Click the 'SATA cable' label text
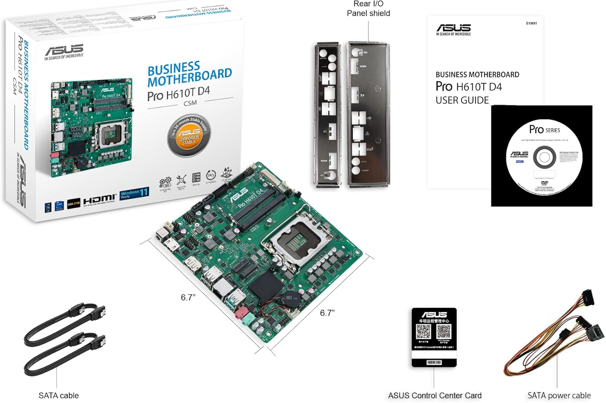59,396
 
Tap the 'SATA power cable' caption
559,396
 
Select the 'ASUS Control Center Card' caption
435,396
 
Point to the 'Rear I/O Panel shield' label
368,8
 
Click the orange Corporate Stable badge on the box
189,135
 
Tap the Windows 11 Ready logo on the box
135,193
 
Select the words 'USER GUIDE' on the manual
462,100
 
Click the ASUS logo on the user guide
453,28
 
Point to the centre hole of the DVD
544,158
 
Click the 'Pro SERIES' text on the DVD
545,130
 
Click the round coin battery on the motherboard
289,299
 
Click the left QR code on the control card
423,332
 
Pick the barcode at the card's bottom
434,362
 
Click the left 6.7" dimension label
188,298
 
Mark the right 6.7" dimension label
327,313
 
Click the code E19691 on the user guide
531,23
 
